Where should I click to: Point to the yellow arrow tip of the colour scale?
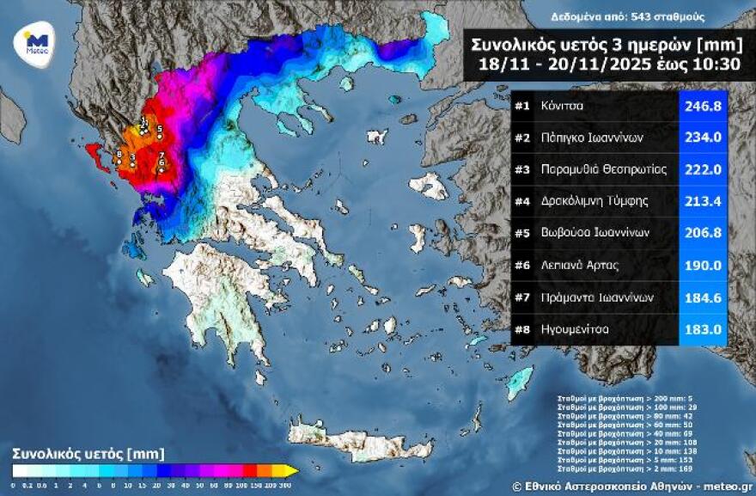[292, 471]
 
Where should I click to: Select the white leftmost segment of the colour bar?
[19, 471]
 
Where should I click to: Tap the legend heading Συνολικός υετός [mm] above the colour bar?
[88, 453]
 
